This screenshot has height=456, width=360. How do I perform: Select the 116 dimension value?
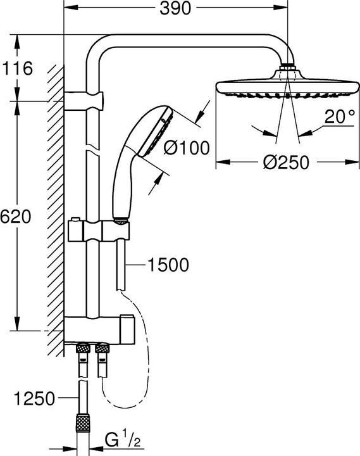pyautogui.click(x=17, y=68)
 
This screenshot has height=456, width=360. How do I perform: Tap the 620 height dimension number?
pyautogui.click(x=16, y=217)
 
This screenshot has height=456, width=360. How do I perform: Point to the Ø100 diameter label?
pyautogui.click(x=187, y=149)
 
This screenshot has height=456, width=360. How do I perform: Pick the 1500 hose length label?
pyautogui.click(x=167, y=265)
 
